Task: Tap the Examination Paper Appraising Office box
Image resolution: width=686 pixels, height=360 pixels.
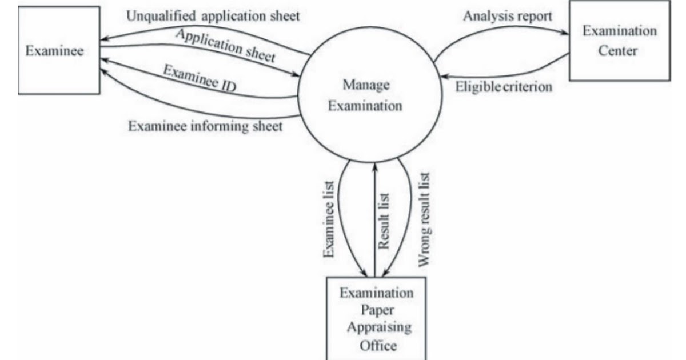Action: point(376,319)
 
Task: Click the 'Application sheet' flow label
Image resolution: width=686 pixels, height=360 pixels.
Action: point(225,46)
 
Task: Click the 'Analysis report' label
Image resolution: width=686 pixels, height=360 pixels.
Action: point(508,16)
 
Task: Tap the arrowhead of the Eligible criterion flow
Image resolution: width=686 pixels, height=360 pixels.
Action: point(440,75)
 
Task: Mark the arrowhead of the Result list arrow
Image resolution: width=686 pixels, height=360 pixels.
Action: point(374,165)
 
